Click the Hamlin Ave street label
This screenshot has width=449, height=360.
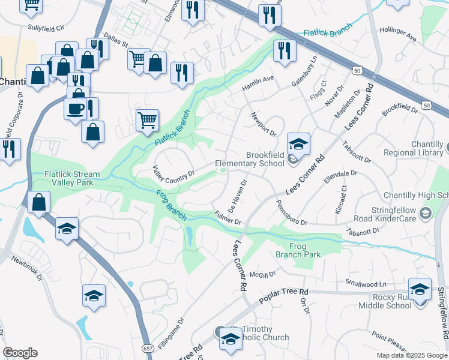point(258,83)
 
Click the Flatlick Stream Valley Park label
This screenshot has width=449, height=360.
point(72,179)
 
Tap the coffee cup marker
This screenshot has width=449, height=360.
point(75,109)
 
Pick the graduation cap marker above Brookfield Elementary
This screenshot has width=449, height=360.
point(298,144)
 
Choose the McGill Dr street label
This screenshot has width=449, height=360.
point(263,273)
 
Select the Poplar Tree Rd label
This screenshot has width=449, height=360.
point(282,294)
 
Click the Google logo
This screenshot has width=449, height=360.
point(20,353)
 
